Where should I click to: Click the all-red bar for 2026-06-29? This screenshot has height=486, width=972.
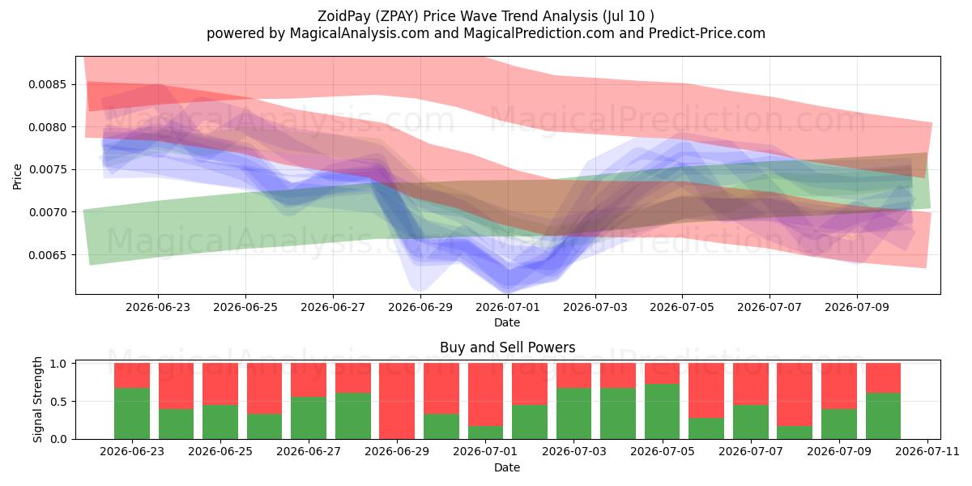(397, 401)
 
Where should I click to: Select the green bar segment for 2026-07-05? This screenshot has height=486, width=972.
(663, 411)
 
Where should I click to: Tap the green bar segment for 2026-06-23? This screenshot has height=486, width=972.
(132, 414)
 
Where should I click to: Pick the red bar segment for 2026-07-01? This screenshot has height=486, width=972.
(485, 394)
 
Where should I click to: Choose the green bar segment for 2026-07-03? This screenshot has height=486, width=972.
(573, 414)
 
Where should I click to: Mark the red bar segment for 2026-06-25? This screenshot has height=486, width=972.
(220, 384)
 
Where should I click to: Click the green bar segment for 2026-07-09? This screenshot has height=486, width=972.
(839, 424)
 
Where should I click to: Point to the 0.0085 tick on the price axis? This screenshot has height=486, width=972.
(48, 84)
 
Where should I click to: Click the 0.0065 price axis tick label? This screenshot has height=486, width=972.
(48, 255)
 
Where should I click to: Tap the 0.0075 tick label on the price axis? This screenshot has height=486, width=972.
(48, 169)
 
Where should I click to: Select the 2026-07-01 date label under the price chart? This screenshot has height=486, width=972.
(508, 307)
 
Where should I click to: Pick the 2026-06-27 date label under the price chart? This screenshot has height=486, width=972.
(333, 307)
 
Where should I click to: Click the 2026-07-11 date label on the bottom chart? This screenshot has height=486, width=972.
(927, 452)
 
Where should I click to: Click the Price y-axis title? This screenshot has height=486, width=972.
(17, 177)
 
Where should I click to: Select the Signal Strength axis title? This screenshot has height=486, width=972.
(38, 399)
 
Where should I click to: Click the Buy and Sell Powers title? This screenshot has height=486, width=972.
(508, 347)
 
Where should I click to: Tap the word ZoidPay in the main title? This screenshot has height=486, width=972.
(344, 16)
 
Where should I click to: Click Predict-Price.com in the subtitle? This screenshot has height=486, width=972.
(707, 33)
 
